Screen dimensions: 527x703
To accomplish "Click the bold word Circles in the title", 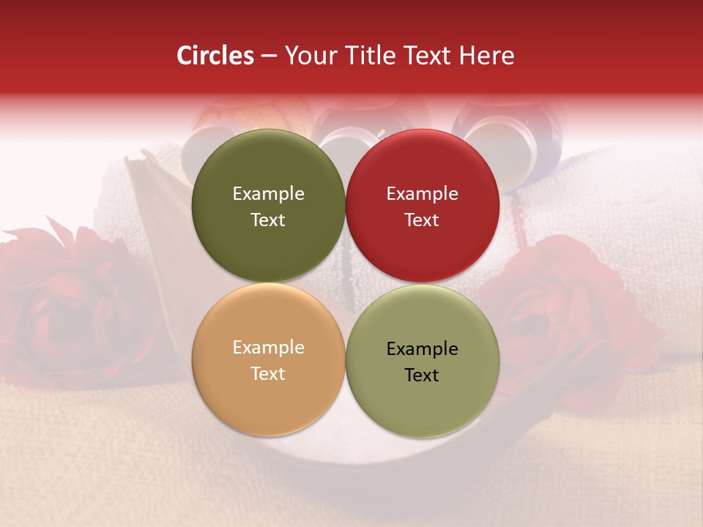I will click(x=215, y=56).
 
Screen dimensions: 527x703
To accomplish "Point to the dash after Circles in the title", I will click(x=269, y=56).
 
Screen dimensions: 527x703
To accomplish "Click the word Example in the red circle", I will click(x=423, y=194).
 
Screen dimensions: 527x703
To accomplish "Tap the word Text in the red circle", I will click(x=423, y=220).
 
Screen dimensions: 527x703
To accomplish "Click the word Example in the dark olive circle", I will click(x=268, y=194).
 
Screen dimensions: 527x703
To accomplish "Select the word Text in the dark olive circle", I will click(x=268, y=220).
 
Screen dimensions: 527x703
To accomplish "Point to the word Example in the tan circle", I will click(x=268, y=348).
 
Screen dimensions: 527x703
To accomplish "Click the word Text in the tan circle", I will click(x=268, y=374).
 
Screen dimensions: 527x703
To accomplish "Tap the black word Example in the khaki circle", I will click(x=423, y=349).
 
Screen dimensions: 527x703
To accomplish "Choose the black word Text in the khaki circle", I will click(x=423, y=375).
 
